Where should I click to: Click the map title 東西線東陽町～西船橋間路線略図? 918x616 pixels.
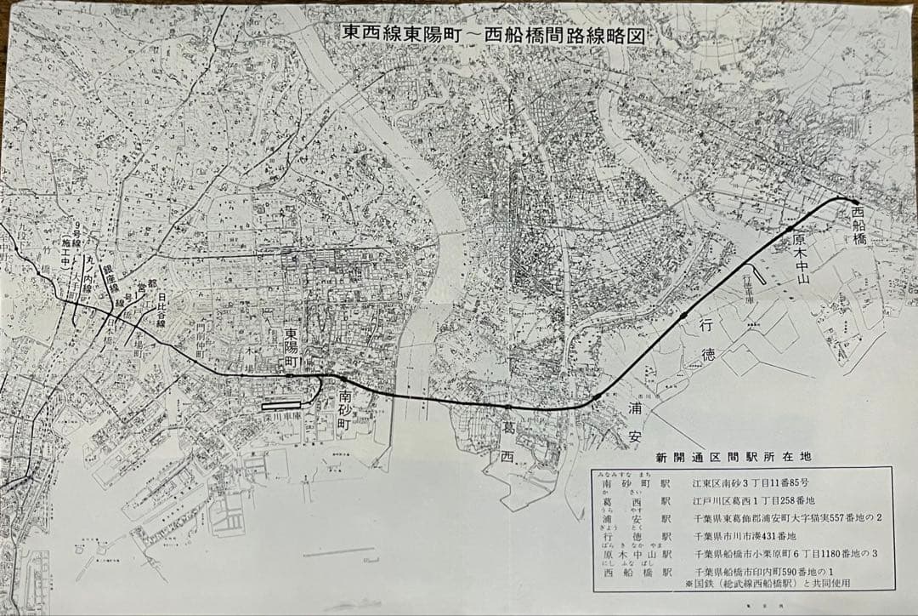coord(492,33)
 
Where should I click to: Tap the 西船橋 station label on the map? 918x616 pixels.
coord(858,227)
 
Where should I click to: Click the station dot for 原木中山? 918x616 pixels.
coord(790,229)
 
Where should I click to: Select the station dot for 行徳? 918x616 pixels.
coord(683,317)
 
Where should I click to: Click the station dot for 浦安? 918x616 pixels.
coord(597,396)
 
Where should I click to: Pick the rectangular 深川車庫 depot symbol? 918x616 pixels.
coord(281,404)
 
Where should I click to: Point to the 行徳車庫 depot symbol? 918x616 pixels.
coord(759,273)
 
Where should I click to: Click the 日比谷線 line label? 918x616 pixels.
coord(160,311)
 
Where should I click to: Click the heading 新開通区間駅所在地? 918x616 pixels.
coord(728,457)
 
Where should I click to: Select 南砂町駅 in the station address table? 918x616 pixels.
coord(636,483)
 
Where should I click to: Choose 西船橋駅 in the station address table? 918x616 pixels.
coord(636,573)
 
